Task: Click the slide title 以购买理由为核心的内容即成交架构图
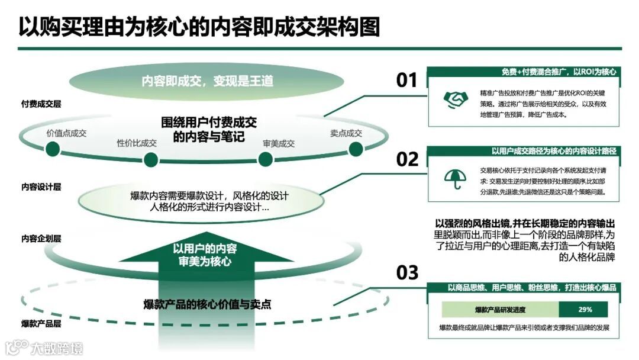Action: point(199,27)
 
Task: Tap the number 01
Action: point(406,81)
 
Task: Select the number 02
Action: point(406,160)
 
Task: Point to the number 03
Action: point(406,273)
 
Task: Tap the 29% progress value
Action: point(585,310)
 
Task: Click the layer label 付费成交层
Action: point(41,104)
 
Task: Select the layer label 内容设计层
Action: point(41,187)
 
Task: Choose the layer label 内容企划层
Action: point(41,239)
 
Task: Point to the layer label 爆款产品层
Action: point(41,324)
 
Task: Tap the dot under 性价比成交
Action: point(151,159)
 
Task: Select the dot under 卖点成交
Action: point(355,149)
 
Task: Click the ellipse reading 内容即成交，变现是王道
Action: point(207,81)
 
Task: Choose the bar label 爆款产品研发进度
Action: point(500,310)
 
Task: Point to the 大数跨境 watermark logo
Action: point(44,348)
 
